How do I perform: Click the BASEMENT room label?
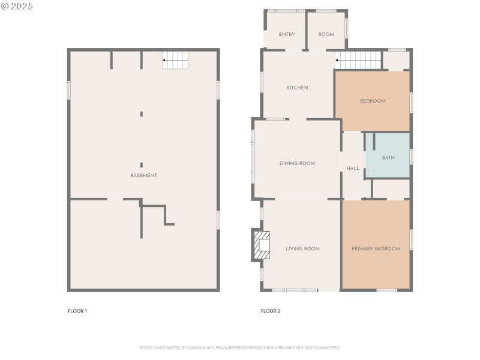pos(144,175)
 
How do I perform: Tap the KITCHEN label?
pos(297,88)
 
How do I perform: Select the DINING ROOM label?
pos(297,163)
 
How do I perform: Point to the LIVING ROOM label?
pos(302,248)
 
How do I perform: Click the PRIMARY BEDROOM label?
pos(376,248)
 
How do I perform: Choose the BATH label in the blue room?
pos(388,158)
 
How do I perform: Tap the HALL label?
pos(353,169)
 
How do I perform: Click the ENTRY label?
pos(287,34)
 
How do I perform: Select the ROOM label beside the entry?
pos(326,34)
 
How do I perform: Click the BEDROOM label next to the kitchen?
pos(373,101)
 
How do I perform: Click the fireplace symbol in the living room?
pos(262,245)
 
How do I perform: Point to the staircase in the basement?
pos(176,60)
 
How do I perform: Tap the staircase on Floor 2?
pos(359,60)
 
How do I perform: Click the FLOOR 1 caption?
pos(77,311)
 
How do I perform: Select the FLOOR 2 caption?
pos(271,311)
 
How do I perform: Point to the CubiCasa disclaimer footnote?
pos(240,347)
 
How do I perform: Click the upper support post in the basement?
pos(142,113)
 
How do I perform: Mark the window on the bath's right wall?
pos(411,156)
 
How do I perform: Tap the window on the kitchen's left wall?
pos(262,82)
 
